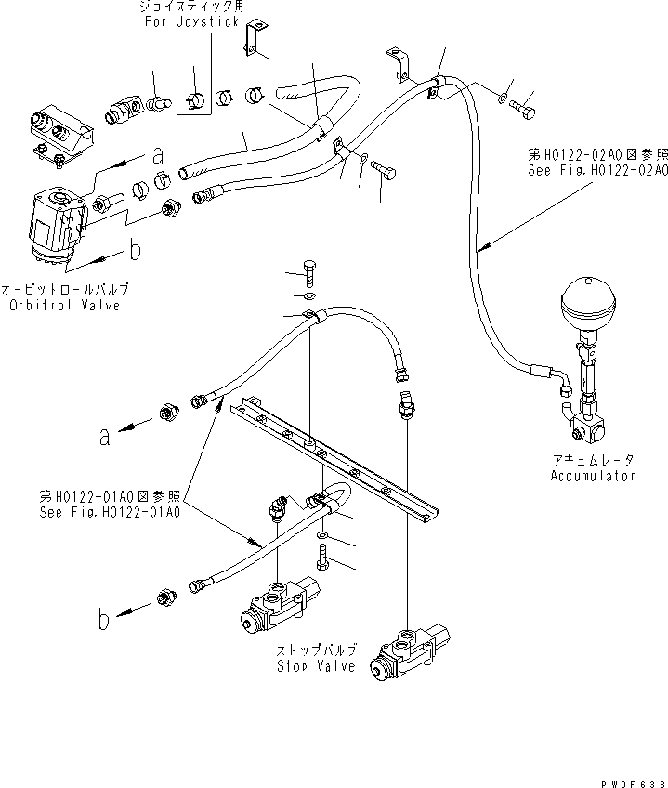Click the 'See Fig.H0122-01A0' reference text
110,511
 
